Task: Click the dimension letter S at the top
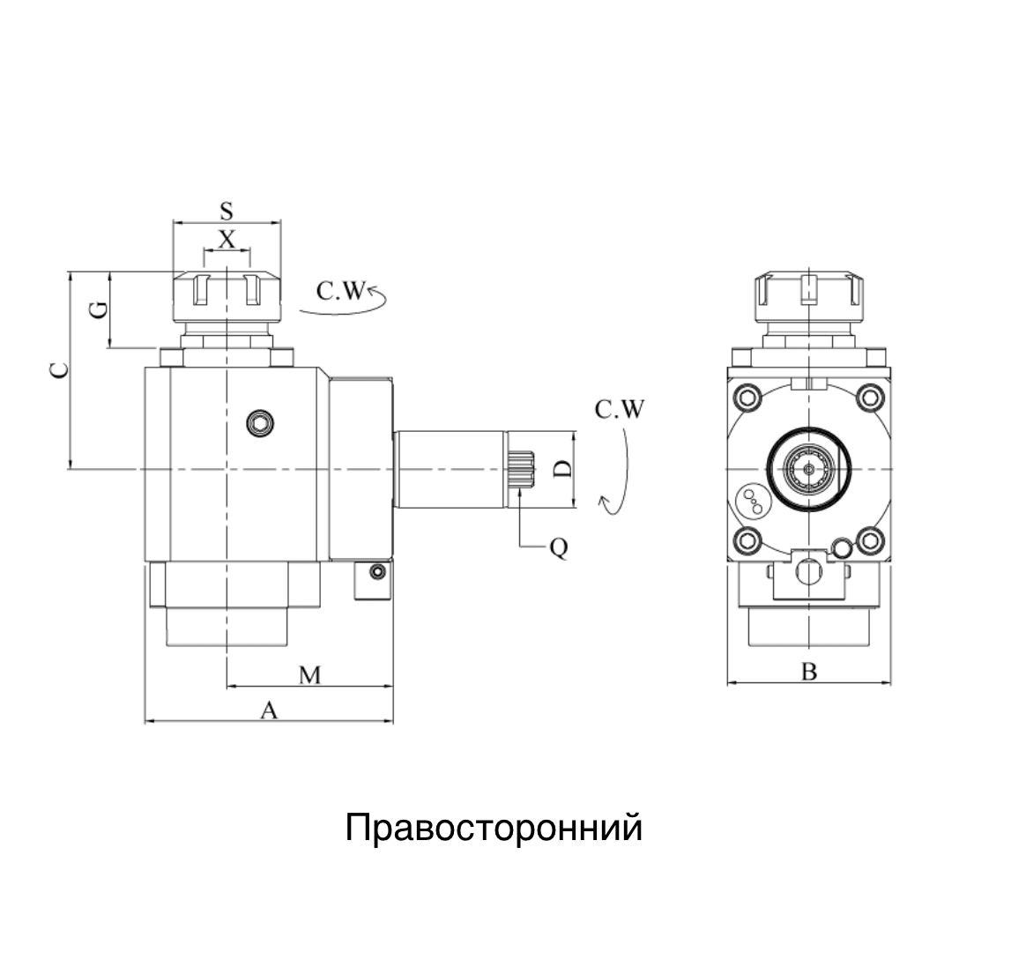pyautogui.click(x=227, y=211)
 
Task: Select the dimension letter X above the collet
pyautogui.click(x=227, y=239)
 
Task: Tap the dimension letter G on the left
pyautogui.click(x=100, y=309)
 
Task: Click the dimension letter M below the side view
pyautogui.click(x=309, y=675)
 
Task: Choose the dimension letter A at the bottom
pyautogui.click(x=269, y=710)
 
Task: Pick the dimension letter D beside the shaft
pyautogui.click(x=561, y=469)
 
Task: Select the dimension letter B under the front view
pyautogui.click(x=808, y=673)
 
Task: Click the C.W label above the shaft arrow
pyautogui.click(x=620, y=410)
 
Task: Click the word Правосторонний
pyautogui.click(x=493, y=829)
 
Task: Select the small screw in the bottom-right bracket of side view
pyautogui.click(x=377, y=574)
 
